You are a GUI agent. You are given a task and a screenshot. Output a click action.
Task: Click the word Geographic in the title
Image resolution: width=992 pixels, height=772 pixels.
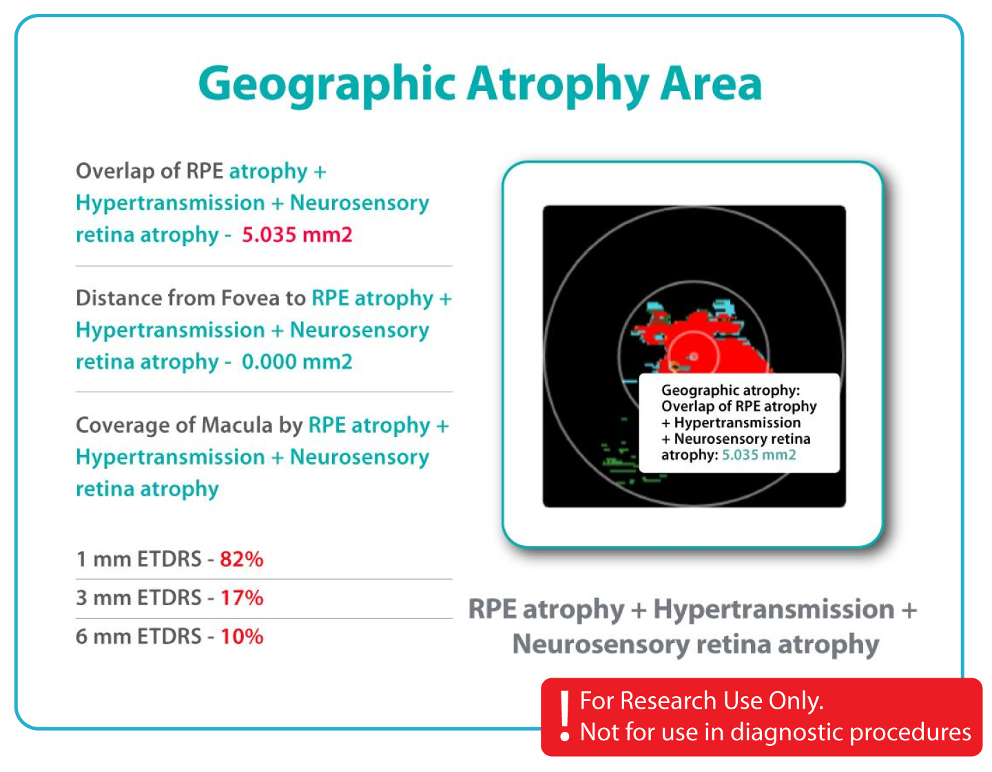(327, 85)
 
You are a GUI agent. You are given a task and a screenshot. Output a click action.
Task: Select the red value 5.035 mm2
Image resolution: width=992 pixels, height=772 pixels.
(297, 235)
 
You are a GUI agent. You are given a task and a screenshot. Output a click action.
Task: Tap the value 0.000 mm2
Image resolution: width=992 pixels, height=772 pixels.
(297, 362)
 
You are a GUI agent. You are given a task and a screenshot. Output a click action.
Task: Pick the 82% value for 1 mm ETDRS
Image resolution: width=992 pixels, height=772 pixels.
(242, 559)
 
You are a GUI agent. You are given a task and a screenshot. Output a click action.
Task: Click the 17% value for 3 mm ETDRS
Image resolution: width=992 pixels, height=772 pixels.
(242, 598)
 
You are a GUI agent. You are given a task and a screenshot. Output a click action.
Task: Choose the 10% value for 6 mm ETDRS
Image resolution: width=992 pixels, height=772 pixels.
(242, 636)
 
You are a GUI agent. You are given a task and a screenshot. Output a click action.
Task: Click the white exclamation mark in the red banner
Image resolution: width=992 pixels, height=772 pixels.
(565, 715)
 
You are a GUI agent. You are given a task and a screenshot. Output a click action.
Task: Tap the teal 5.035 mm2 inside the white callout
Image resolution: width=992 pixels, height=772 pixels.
(758, 454)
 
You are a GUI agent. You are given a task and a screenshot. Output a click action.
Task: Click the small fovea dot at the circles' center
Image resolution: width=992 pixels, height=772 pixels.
(694, 356)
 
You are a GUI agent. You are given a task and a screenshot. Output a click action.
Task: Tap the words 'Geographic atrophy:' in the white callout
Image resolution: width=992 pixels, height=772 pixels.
(730, 390)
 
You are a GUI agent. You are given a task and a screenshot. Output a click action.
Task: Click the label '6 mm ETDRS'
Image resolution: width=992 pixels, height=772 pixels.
(138, 636)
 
